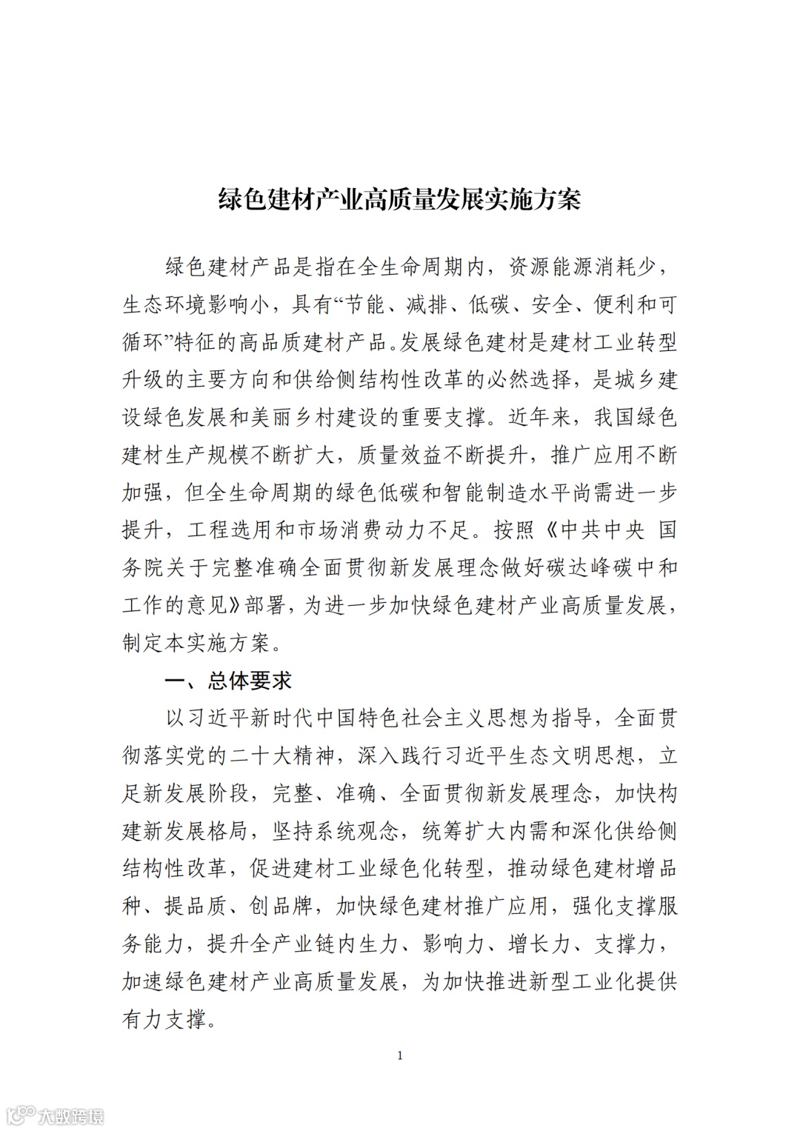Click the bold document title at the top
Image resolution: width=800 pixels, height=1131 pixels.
pyautogui.click(x=399, y=199)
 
